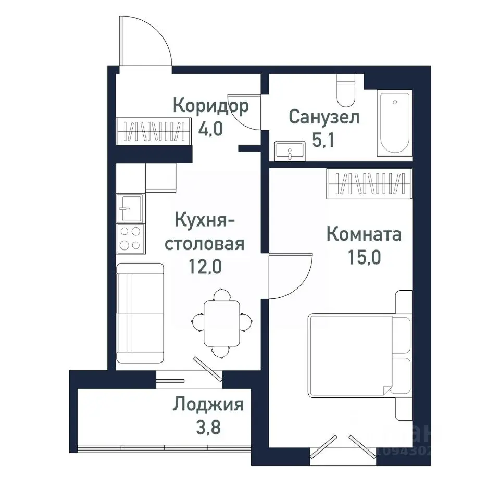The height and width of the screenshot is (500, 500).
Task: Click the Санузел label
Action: (323, 117)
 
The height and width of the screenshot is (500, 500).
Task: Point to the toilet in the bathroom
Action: (345, 91)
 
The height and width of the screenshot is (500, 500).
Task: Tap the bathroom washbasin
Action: (289, 151)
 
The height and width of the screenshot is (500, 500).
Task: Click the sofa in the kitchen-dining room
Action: (140, 312)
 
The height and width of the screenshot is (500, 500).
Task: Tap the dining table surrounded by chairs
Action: (221, 323)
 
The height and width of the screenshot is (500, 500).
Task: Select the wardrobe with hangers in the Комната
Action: (370, 183)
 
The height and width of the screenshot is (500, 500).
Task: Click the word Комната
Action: (364, 234)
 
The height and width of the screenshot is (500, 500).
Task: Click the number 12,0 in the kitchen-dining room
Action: (205, 267)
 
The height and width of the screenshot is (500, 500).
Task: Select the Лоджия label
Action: (208, 404)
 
